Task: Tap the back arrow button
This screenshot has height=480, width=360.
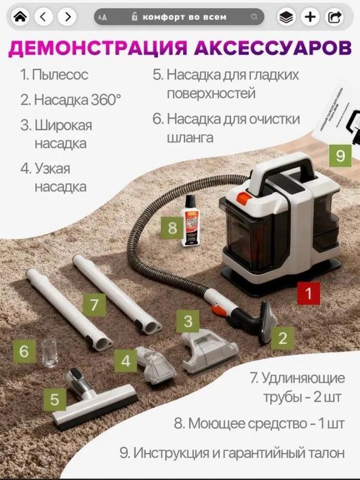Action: click(x=44, y=16)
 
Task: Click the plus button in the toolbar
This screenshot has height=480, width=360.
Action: click(x=311, y=16)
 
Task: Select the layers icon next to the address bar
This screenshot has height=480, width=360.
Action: click(x=287, y=16)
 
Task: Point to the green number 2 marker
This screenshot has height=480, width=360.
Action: click(x=282, y=337)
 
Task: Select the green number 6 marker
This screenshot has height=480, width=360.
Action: click(x=24, y=352)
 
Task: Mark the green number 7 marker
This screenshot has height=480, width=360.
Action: click(x=95, y=302)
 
